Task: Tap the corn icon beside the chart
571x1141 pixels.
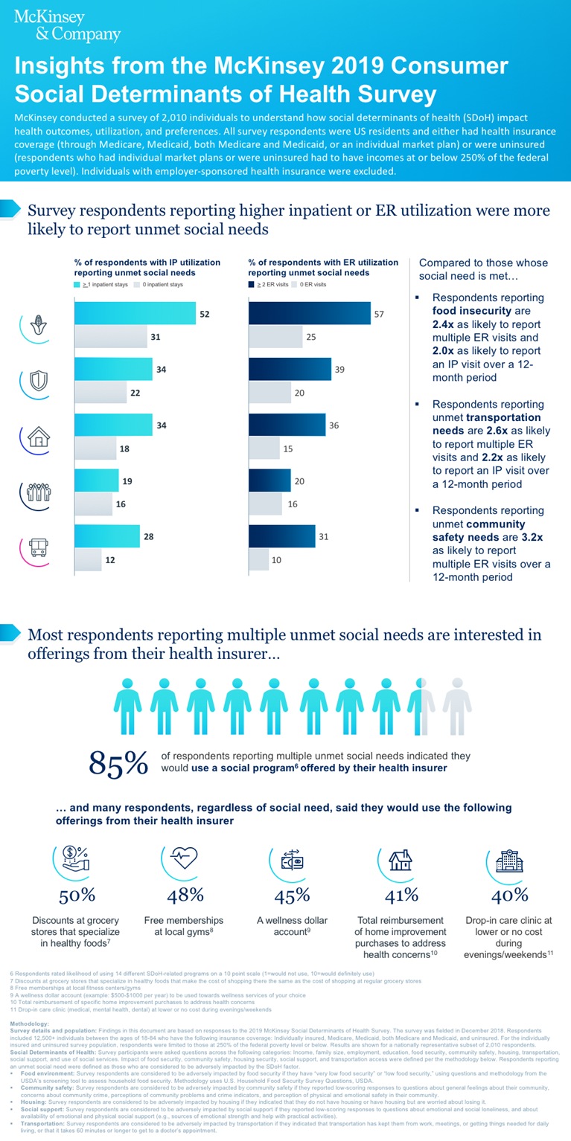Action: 36,326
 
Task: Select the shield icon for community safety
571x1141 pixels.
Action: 36,381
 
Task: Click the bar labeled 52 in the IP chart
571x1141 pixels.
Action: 135,314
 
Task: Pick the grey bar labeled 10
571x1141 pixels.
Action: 258,559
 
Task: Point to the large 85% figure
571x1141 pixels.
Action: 118,762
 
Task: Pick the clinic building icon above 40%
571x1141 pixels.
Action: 509,861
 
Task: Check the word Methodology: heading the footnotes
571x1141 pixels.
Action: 28,1024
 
